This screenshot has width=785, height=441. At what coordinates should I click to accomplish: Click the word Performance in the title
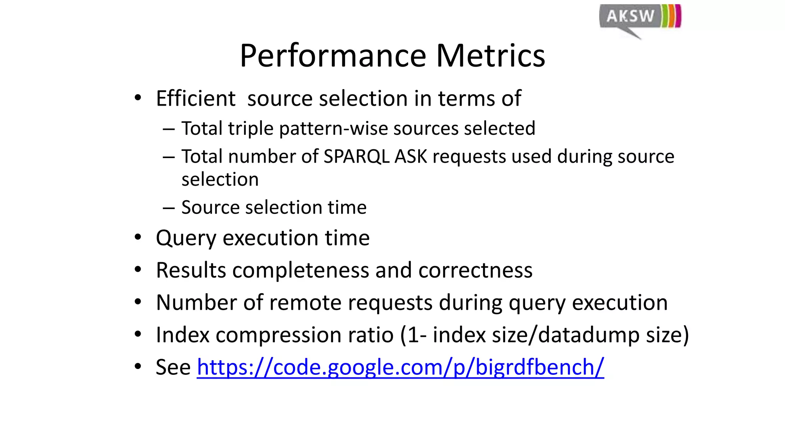332,56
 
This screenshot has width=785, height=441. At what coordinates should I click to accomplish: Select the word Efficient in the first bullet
195,98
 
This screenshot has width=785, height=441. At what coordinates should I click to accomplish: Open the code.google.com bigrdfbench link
400,367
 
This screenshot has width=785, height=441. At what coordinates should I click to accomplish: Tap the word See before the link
173,367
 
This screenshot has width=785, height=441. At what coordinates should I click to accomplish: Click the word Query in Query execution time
186,238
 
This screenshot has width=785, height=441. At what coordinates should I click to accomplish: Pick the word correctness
475,270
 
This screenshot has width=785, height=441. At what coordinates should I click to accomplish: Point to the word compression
278,335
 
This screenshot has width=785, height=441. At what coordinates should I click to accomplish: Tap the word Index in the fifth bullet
182,335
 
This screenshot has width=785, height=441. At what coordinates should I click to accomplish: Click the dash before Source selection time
169,208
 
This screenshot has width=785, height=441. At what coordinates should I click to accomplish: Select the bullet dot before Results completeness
138,270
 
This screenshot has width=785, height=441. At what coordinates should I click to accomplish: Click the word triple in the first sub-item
251,128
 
